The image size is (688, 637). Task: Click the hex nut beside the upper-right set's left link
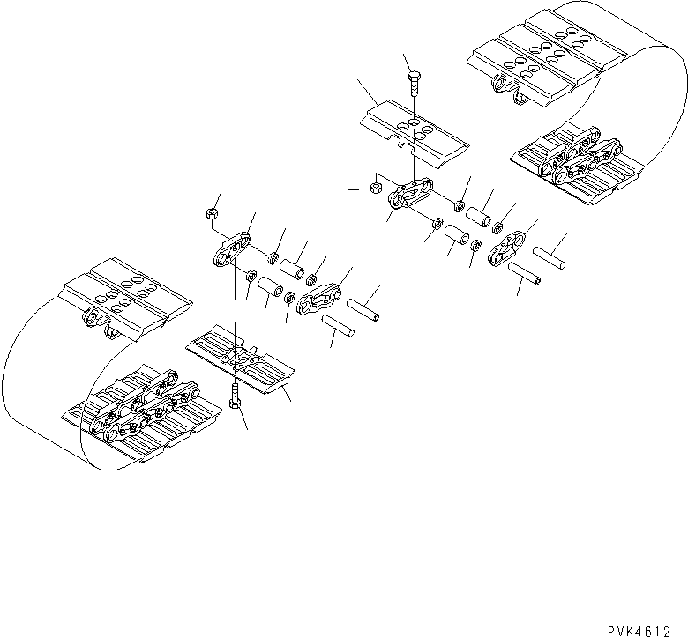click(374, 188)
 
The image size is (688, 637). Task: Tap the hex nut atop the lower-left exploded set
click(211, 213)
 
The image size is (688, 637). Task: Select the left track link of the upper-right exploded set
click(409, 194)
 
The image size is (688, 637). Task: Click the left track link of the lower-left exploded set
click(234, 248)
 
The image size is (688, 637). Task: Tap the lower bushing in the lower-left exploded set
click(268, 288)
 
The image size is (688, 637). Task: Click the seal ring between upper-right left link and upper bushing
click(460, 207)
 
